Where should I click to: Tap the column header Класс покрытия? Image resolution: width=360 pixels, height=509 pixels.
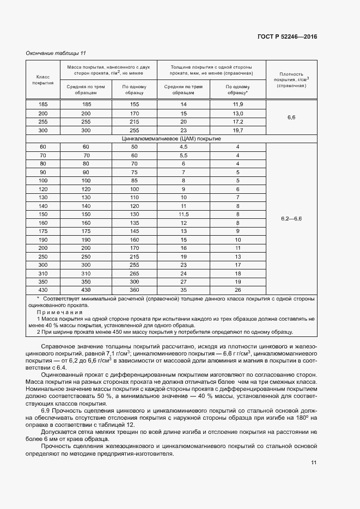(42, 80)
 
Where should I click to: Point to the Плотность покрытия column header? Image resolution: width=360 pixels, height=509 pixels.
(291, 79)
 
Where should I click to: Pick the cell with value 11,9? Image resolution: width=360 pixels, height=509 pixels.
(237, 104)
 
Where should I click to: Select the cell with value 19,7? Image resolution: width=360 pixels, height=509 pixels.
(237, 131)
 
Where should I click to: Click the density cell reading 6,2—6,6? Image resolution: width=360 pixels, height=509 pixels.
(291, 218)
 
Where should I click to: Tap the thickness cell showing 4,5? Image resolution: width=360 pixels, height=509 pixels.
(184, 147)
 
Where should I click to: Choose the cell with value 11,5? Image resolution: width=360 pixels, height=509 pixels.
(184, 214)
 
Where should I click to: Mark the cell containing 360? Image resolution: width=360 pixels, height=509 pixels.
(135, 290)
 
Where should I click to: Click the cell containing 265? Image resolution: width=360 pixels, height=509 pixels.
(135, 273)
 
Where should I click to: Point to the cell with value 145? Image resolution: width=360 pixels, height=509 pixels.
(135, 231)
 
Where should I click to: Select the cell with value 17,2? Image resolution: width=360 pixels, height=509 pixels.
(237, 121)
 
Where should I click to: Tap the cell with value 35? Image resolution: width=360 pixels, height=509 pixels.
(184, 290)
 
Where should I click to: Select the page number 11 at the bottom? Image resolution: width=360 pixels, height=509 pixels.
(314, 463)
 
